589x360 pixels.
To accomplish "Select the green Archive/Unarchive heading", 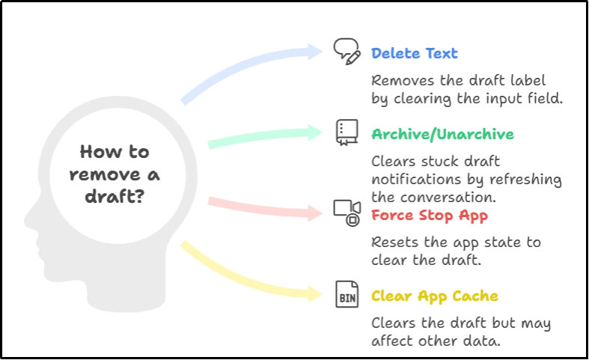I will tap(442, 135).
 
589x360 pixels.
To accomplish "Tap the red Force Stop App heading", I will tap(430, 216).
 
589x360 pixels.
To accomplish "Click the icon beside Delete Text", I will tap(344, 51).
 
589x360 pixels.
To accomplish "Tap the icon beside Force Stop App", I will tap(344, 213).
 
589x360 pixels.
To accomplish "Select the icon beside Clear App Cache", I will tap(344, 293).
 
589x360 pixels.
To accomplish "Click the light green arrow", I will tap(262, 137).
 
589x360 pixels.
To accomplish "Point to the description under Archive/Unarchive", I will tap(466, 178).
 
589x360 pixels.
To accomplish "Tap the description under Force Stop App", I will tap(457, 252).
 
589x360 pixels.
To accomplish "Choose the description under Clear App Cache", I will tap(460, 332).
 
